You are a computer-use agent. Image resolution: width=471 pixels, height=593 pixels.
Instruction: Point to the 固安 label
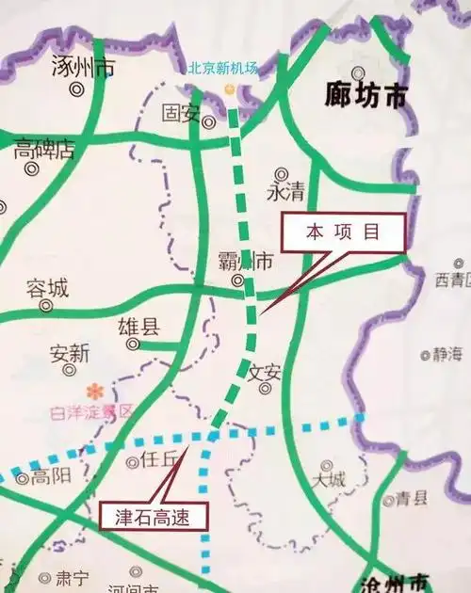181,113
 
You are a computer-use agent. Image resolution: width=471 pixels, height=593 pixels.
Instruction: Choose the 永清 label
286,192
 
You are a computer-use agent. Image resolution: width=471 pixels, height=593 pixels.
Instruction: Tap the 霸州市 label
246,259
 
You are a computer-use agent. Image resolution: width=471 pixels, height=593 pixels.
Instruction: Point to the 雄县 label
138,327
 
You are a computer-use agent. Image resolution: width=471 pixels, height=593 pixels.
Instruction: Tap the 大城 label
330,479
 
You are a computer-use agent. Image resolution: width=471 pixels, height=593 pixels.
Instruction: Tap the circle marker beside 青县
388,500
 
